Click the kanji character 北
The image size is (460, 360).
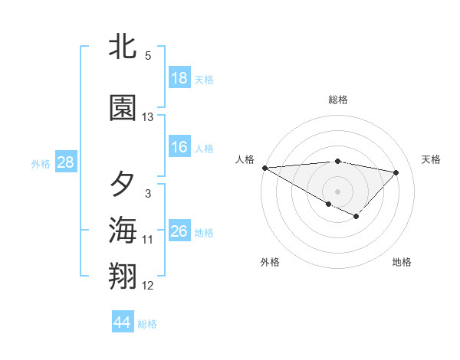123,48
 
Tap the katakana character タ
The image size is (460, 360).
123,185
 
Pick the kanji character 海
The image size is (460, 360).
123,230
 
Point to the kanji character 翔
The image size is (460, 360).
123,277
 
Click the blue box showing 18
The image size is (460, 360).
179,78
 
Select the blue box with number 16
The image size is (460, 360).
179,147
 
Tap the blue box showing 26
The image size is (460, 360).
179,231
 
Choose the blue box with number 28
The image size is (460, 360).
64,162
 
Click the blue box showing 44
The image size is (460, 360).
123,322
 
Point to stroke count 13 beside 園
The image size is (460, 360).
148,117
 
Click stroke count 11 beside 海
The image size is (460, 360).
148,240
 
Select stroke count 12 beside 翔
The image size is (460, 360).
148,286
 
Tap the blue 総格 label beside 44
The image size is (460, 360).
147,324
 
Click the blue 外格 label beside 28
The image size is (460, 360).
41,164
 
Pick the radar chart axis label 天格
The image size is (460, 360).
432,159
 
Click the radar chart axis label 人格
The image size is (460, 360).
245,159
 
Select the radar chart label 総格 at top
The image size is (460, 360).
338,100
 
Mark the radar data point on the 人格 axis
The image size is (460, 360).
264,168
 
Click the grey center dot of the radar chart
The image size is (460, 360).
337,190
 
